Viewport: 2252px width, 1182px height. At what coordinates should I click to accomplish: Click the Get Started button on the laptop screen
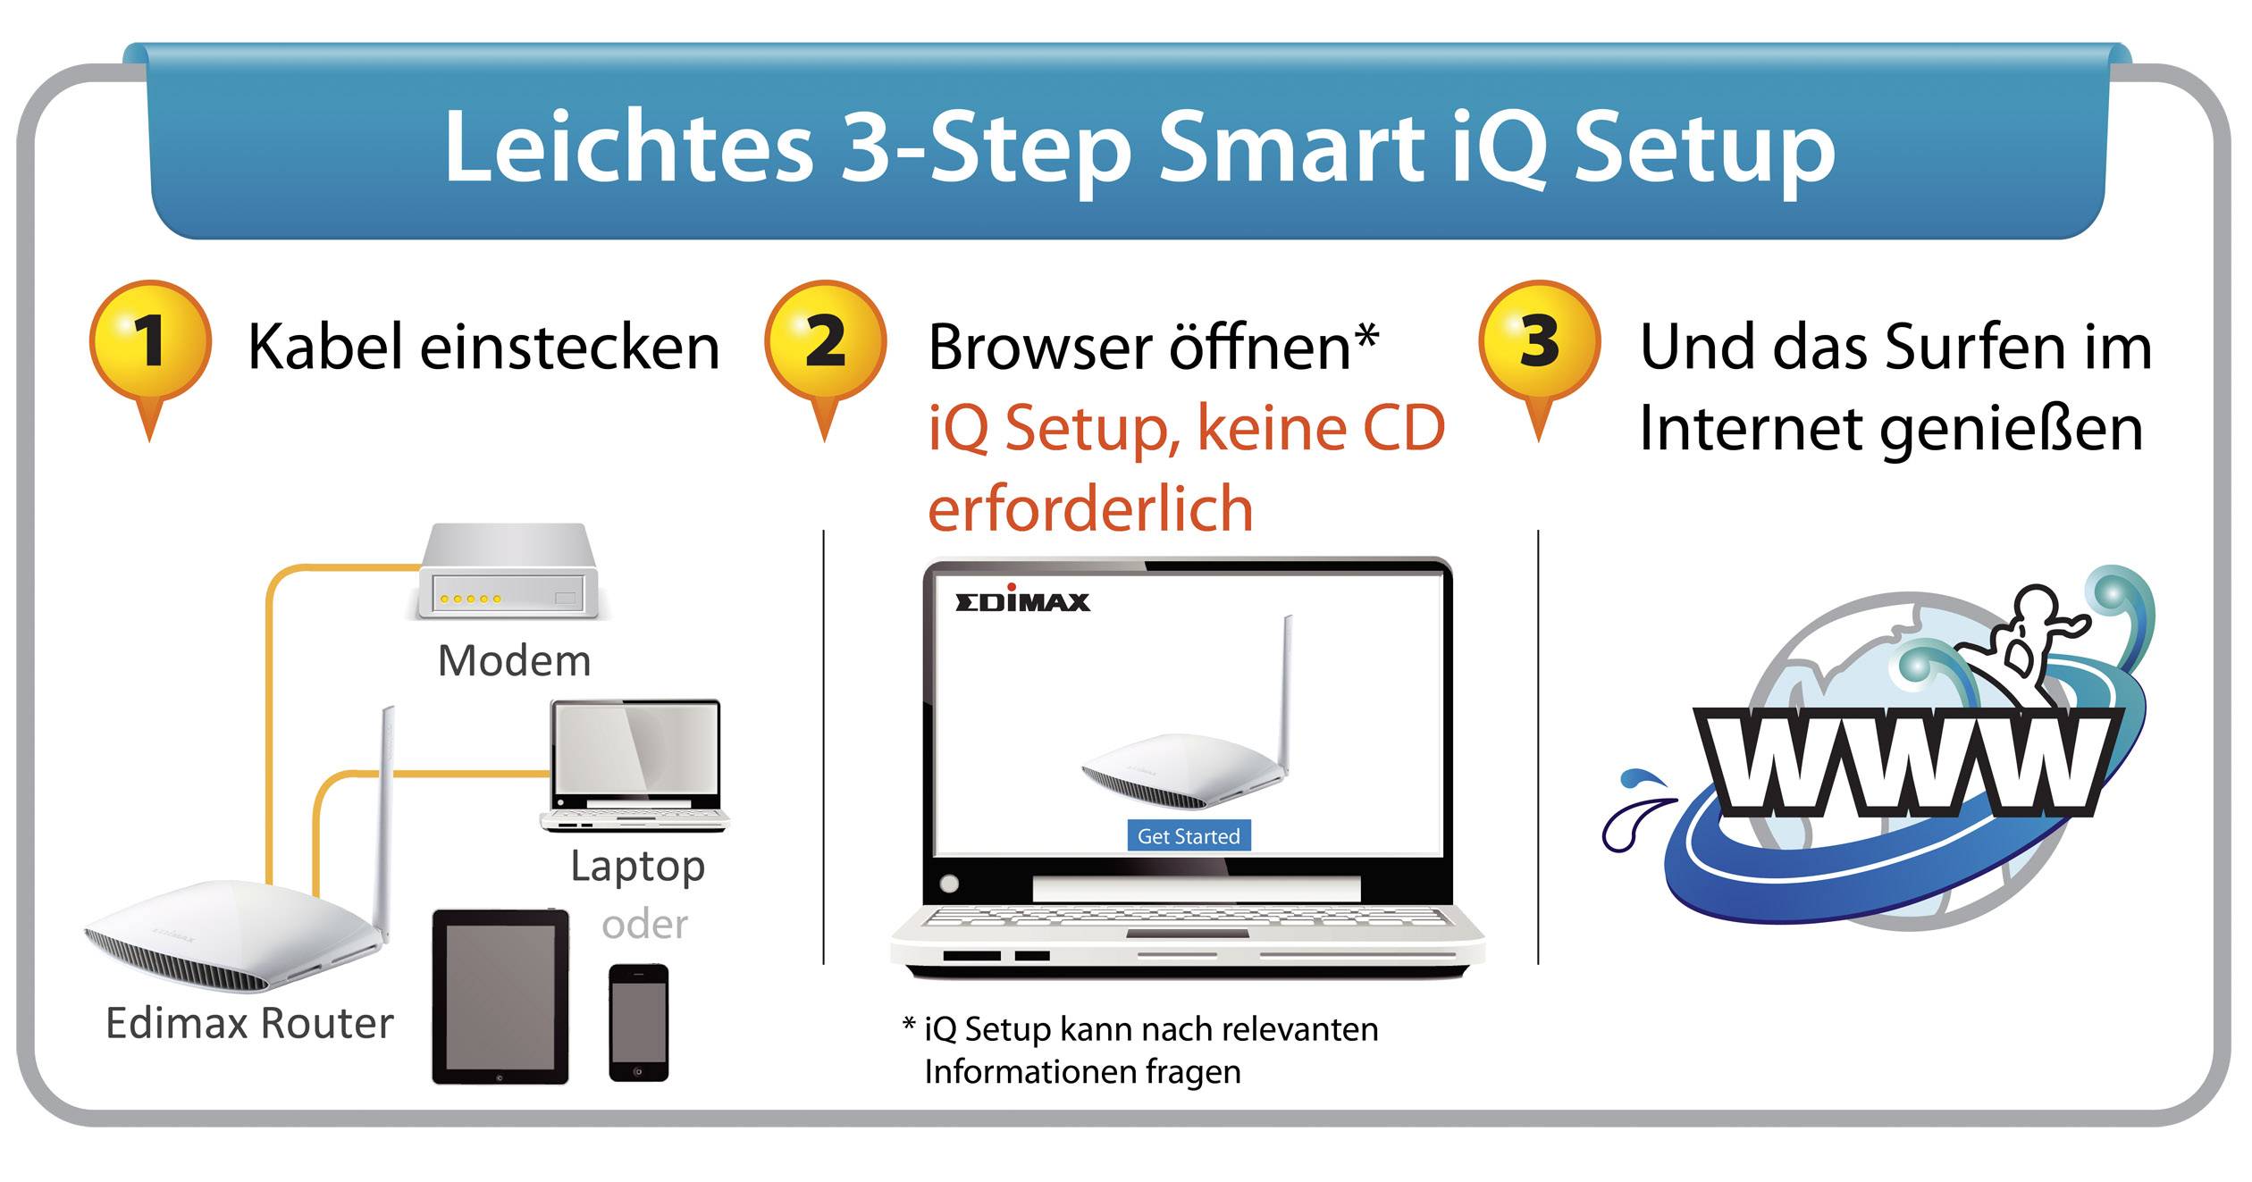pyautogui.click(x=1189, y=836)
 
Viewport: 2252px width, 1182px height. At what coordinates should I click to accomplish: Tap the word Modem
pyautogui.click(x=514, y=661)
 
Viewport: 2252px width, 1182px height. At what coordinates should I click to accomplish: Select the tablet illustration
pyautogui.click(x=500, y=996)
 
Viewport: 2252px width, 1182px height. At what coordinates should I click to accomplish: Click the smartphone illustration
pyautogui.click(x=638, y=1022)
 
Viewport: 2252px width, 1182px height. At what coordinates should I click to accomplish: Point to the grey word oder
pyautogui.click(x=644, y=925)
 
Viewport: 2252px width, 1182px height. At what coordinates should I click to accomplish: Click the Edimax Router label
pyautogui.click(x=249, y=1023)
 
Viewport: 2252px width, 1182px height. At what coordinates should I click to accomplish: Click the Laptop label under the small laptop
pyautogui.click(x=637, y=867)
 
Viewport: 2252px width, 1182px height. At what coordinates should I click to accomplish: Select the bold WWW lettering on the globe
pyautogui.click(x=1908, y=762)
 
